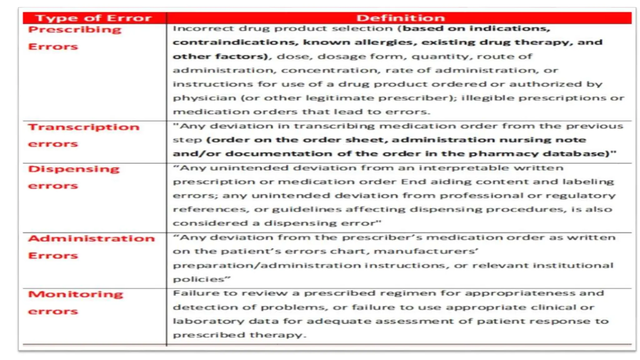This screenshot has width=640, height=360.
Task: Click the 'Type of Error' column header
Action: click(x=93, y=18)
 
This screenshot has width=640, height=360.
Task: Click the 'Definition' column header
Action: click(x=400, y=18)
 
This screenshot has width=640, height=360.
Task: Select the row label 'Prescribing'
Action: click(x=75, y=30)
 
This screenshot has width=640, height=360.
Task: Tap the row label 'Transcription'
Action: click(x=83, y=127)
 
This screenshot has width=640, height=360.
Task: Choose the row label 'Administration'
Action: click(x=91, y=239)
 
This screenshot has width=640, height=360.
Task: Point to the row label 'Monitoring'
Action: click(x=76, y=294)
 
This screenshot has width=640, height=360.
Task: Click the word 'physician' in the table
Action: click(x=204, y=98)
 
